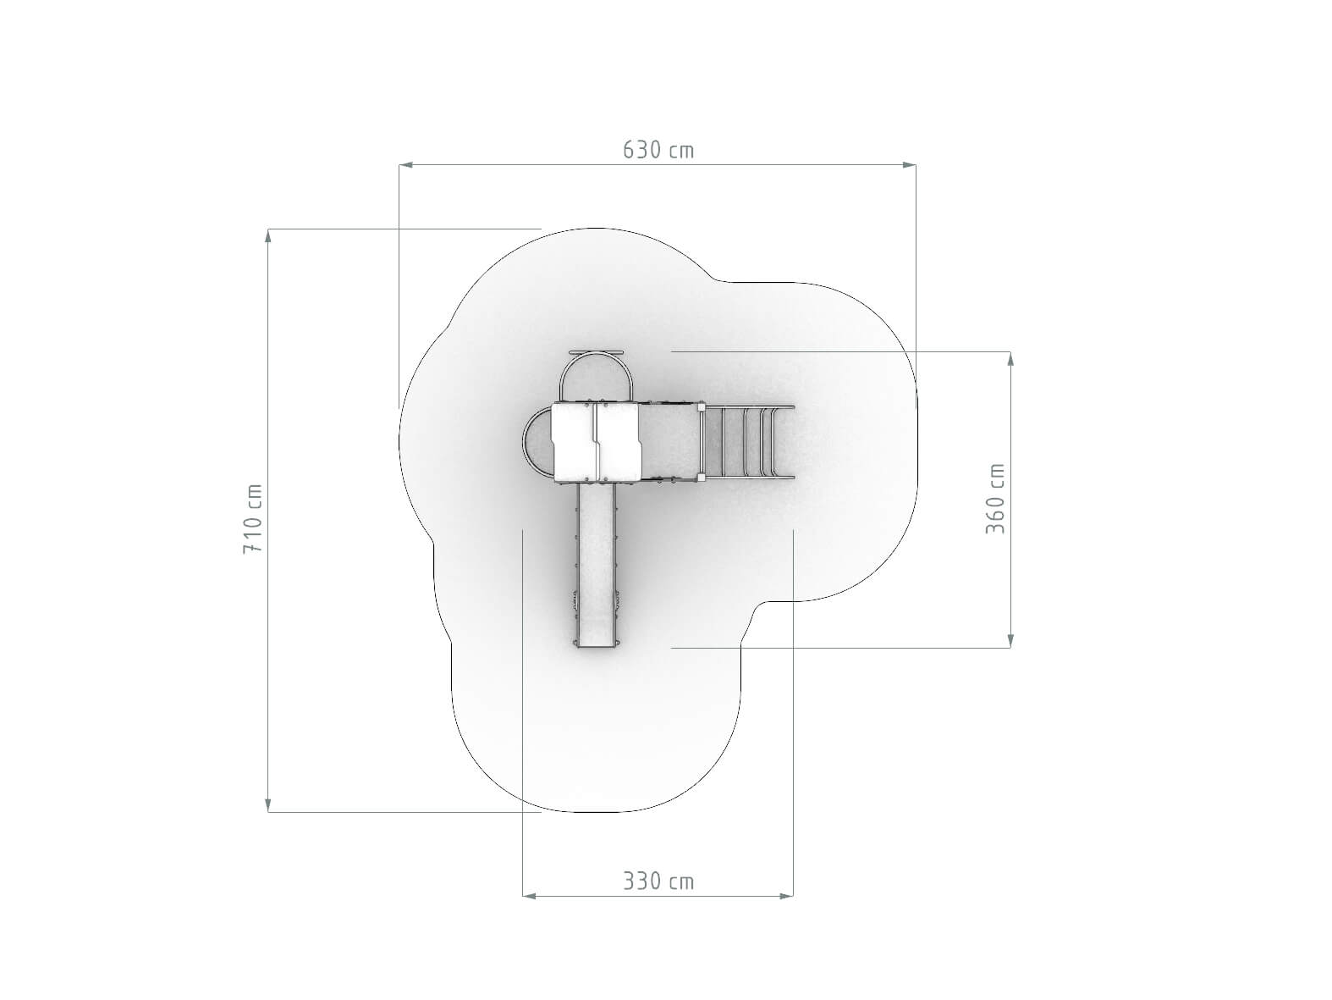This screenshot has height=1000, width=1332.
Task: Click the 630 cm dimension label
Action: click(x=658, y=150)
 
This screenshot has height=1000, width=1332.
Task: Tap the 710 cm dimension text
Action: click(x=252, y=518)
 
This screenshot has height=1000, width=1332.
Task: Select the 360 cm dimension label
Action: click(x=995, y=499)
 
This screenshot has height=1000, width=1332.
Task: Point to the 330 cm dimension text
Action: click(x=658, y=881)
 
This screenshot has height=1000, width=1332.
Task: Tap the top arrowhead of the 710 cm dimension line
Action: click(x=268, y=236)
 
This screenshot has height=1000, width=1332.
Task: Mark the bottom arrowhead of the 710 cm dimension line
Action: click(x=268, y=804)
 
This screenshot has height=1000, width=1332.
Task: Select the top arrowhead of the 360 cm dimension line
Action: click(x=1010, y=359)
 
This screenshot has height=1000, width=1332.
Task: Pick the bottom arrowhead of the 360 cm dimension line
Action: click(x=1010, y=640)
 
